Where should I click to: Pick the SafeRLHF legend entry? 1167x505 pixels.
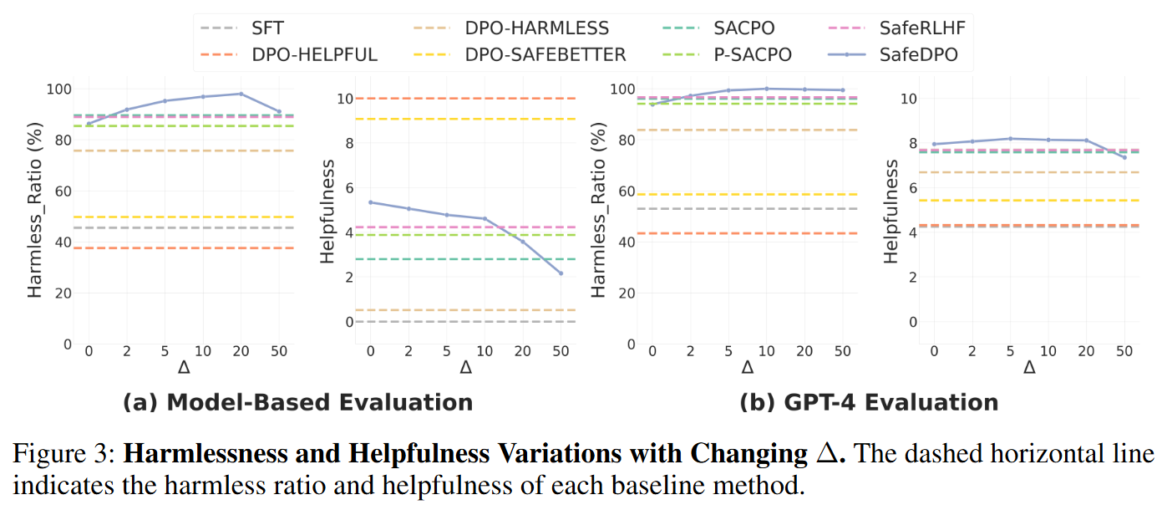point(918,28)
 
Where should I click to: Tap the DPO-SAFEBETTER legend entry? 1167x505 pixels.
point(545,54)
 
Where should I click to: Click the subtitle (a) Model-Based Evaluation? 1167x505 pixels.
point(297,402)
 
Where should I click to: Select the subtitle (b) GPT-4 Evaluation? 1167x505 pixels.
point(869,402)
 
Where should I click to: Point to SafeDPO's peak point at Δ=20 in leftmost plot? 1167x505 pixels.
point(241,94)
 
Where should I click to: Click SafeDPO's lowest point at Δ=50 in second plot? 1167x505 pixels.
point(561,273)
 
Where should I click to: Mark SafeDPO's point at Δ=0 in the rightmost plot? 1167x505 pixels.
point(935,144)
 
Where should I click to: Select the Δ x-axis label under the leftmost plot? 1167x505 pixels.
point(185,368)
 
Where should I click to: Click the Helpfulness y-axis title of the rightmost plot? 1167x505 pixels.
point(892,211)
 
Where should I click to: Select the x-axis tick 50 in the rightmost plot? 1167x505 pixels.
point(1124,352)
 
